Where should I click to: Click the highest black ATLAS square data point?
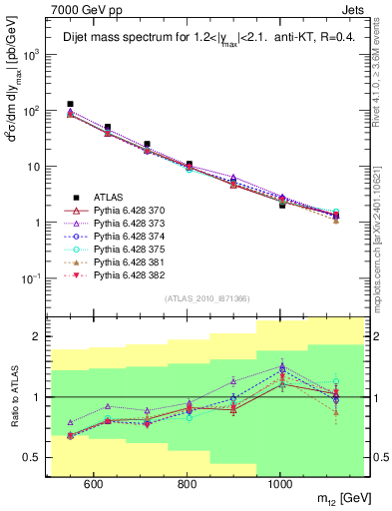point(70,104)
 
